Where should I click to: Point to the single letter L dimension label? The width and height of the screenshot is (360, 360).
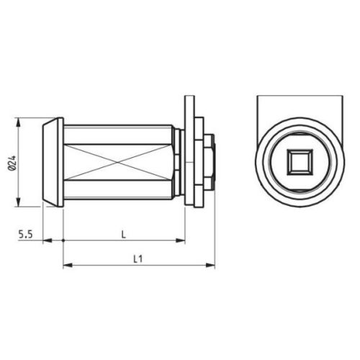(x=124, y=234)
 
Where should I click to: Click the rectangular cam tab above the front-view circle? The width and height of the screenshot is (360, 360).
(x=300, y=108)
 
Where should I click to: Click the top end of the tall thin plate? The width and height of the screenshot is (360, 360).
(x=187, y=98)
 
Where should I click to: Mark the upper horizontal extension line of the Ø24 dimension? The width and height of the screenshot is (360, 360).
(x=29, y=117)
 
